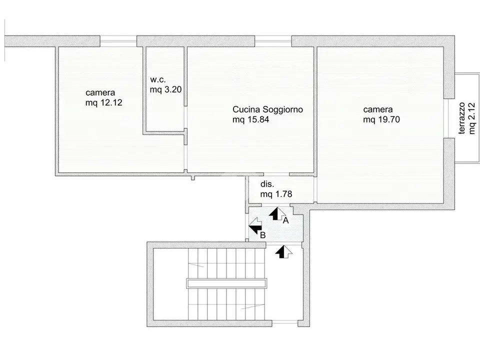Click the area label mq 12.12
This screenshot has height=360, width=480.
(104, 102)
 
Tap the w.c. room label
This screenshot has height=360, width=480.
(158, 80)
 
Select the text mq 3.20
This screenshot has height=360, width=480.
(165, 89)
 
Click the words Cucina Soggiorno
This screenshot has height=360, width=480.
(268, 109)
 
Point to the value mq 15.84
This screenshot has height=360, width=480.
(250, 119)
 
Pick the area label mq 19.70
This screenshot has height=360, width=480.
(381, 119)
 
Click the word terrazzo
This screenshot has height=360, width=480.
(462, 118)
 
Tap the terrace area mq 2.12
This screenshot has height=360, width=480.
(471, 118)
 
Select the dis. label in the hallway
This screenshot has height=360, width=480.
(267, 184)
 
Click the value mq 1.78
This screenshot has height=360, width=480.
(276, 194)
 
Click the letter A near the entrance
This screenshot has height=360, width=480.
(285, 220)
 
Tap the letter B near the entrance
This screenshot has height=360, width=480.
(262, 235)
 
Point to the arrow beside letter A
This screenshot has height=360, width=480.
(277, 213)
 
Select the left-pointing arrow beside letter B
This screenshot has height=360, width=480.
(255, 226)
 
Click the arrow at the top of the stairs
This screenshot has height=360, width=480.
(283, 251)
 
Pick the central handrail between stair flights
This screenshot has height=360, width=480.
(226, 283)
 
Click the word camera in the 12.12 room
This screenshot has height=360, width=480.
(100, 93)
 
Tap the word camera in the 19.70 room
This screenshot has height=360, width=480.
(378, 109)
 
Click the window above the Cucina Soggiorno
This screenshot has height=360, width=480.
(273, 41)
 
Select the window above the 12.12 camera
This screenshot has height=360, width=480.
(118, 41)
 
